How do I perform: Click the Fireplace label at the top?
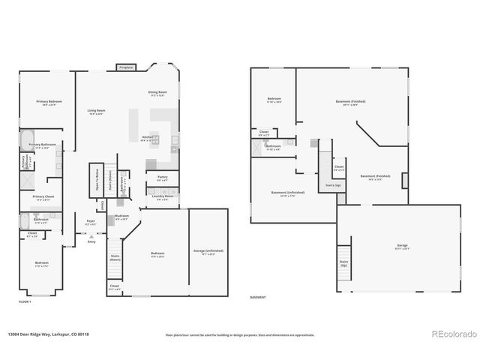(126, 67)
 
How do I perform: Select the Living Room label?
(96, 112)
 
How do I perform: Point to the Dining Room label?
(157, 94)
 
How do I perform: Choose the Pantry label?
(162, 178)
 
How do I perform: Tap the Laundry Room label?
(162, 198)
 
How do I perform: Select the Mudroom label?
(121, 217)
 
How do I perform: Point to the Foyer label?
(91, 222)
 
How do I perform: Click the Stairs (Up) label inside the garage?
(343, 263)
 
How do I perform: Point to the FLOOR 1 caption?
(25, 301)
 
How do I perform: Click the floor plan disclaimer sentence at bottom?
(240, 335)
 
